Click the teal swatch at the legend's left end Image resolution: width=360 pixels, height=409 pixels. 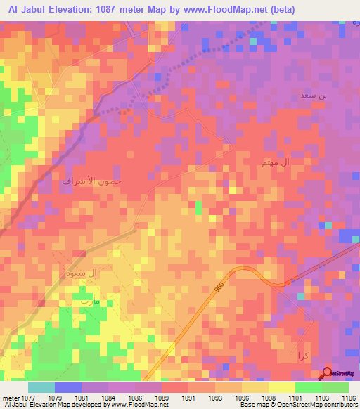(x=41, y=387)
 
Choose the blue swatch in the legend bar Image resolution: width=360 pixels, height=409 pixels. (x=68, y=387)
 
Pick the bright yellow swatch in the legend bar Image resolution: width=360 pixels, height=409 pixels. (x=281, y=387)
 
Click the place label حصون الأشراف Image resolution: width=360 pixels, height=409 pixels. (x=92, y=181)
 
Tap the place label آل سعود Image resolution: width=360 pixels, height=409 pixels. (x=97, y=271)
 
